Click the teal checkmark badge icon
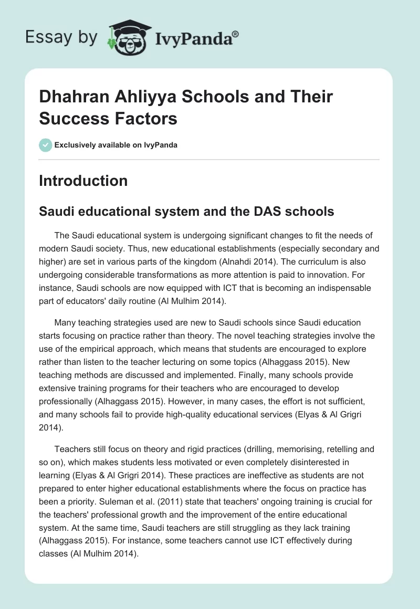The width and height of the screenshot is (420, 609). coord(45,145)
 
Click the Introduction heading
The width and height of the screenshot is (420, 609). coord(83,181)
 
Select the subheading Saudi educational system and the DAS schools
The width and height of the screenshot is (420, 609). coord(186,211)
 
